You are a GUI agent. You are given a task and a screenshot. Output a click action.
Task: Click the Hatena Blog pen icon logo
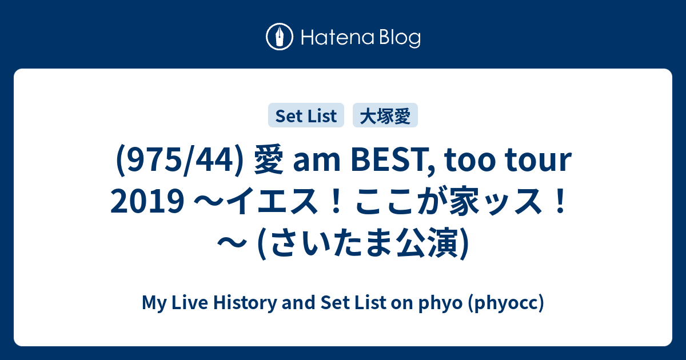click(x=280, y=37)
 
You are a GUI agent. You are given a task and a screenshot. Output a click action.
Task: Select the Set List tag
click(x=306, y=115)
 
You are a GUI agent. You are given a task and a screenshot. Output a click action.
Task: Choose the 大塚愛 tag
click(x=385, y=115)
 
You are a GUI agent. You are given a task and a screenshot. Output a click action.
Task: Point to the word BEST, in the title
click(x=393, y=161)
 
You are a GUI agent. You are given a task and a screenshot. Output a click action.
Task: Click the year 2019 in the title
click(x=147, y=201)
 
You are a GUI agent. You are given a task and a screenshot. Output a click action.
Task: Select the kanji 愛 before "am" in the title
click(x=269, y=159)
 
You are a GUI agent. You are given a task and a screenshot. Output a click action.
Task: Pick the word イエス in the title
click(x=272, y=201)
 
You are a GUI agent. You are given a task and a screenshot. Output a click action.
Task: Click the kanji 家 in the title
click(x=464, y=201)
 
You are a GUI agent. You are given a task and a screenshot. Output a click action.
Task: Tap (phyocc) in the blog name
click(x=506, y=303)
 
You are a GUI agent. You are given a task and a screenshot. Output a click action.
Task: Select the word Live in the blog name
click(x=190, y=302)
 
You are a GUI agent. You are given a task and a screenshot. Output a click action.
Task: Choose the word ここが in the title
click(x=398, y=201)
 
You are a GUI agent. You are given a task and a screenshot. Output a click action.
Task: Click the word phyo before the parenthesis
click(x=440, y=303)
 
